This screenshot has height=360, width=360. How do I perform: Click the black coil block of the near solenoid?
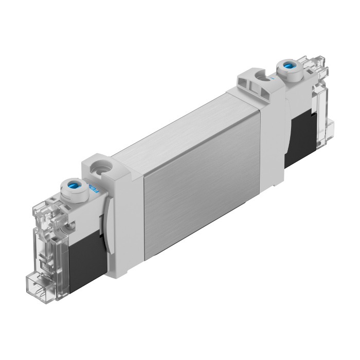coord(85,260)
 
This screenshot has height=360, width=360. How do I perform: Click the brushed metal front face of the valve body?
coord(201,201)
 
